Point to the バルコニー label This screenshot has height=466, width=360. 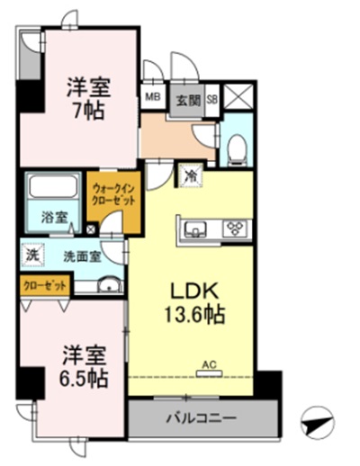point(201,418)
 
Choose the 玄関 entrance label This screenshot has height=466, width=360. point(186,99)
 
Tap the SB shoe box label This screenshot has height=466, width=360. point(213,99)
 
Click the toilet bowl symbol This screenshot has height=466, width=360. point(236,148)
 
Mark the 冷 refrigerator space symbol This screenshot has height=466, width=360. point(190,176)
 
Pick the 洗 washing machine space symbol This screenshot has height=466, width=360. point(31,255)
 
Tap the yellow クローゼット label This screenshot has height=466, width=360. point(42,286)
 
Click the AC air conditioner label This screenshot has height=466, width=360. point(209,363)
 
